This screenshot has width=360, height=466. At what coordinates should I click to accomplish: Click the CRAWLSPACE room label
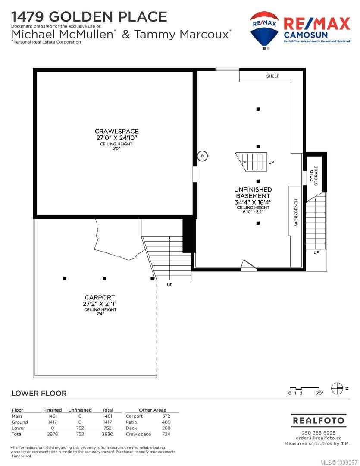[117, 131]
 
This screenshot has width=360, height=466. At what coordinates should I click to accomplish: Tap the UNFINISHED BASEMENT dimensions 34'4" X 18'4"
[253, 202]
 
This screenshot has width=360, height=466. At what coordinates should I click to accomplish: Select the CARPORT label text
[100, 297]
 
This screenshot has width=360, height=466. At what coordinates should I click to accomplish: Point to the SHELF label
[272, 76]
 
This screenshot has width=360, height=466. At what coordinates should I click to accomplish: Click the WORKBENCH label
[296, 212]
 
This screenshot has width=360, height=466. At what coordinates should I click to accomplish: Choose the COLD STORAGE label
[314, 176]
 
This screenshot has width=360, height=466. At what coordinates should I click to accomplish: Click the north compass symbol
[337, 388]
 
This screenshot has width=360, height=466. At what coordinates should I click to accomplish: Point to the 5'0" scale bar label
[319, 393]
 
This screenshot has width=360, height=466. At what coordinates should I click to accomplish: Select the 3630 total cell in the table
[107, 434]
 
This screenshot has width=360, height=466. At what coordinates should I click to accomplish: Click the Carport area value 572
[166, 416]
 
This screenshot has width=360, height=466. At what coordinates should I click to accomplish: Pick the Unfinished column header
[80, 410]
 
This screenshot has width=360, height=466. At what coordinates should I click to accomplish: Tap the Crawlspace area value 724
[166, 434]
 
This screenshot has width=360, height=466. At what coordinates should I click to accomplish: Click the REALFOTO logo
[319, 420]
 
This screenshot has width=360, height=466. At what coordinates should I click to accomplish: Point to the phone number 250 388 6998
[319, 433]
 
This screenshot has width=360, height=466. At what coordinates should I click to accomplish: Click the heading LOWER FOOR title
[39, 393]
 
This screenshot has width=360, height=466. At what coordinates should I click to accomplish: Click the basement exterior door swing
[249, 265]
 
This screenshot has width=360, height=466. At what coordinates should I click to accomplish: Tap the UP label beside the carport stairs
[169, 285]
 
